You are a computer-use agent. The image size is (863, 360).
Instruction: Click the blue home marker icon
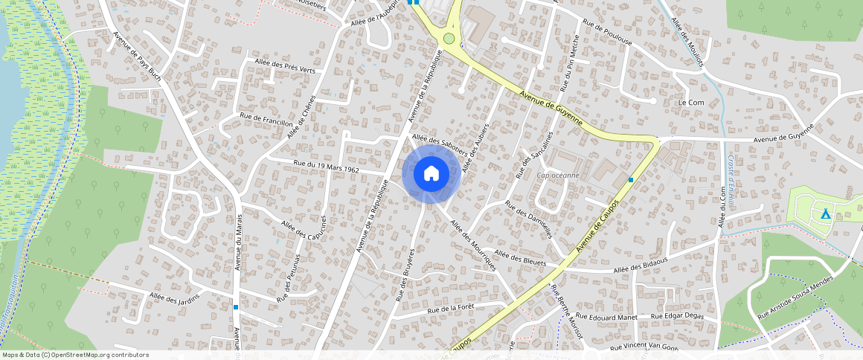click(431, 174)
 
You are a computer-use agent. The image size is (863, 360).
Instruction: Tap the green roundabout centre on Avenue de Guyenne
click(449, 38)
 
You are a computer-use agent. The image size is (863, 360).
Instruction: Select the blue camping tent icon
click(825, 213)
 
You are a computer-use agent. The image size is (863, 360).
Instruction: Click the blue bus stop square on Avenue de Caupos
click(631, 180)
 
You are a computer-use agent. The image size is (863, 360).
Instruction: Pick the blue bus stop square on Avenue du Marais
click(236, 306)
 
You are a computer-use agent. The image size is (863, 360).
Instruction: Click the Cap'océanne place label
click(558, 176)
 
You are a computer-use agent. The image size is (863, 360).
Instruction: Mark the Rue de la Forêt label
click(450, 307)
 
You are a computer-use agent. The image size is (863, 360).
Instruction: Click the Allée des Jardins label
click(174, 299)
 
